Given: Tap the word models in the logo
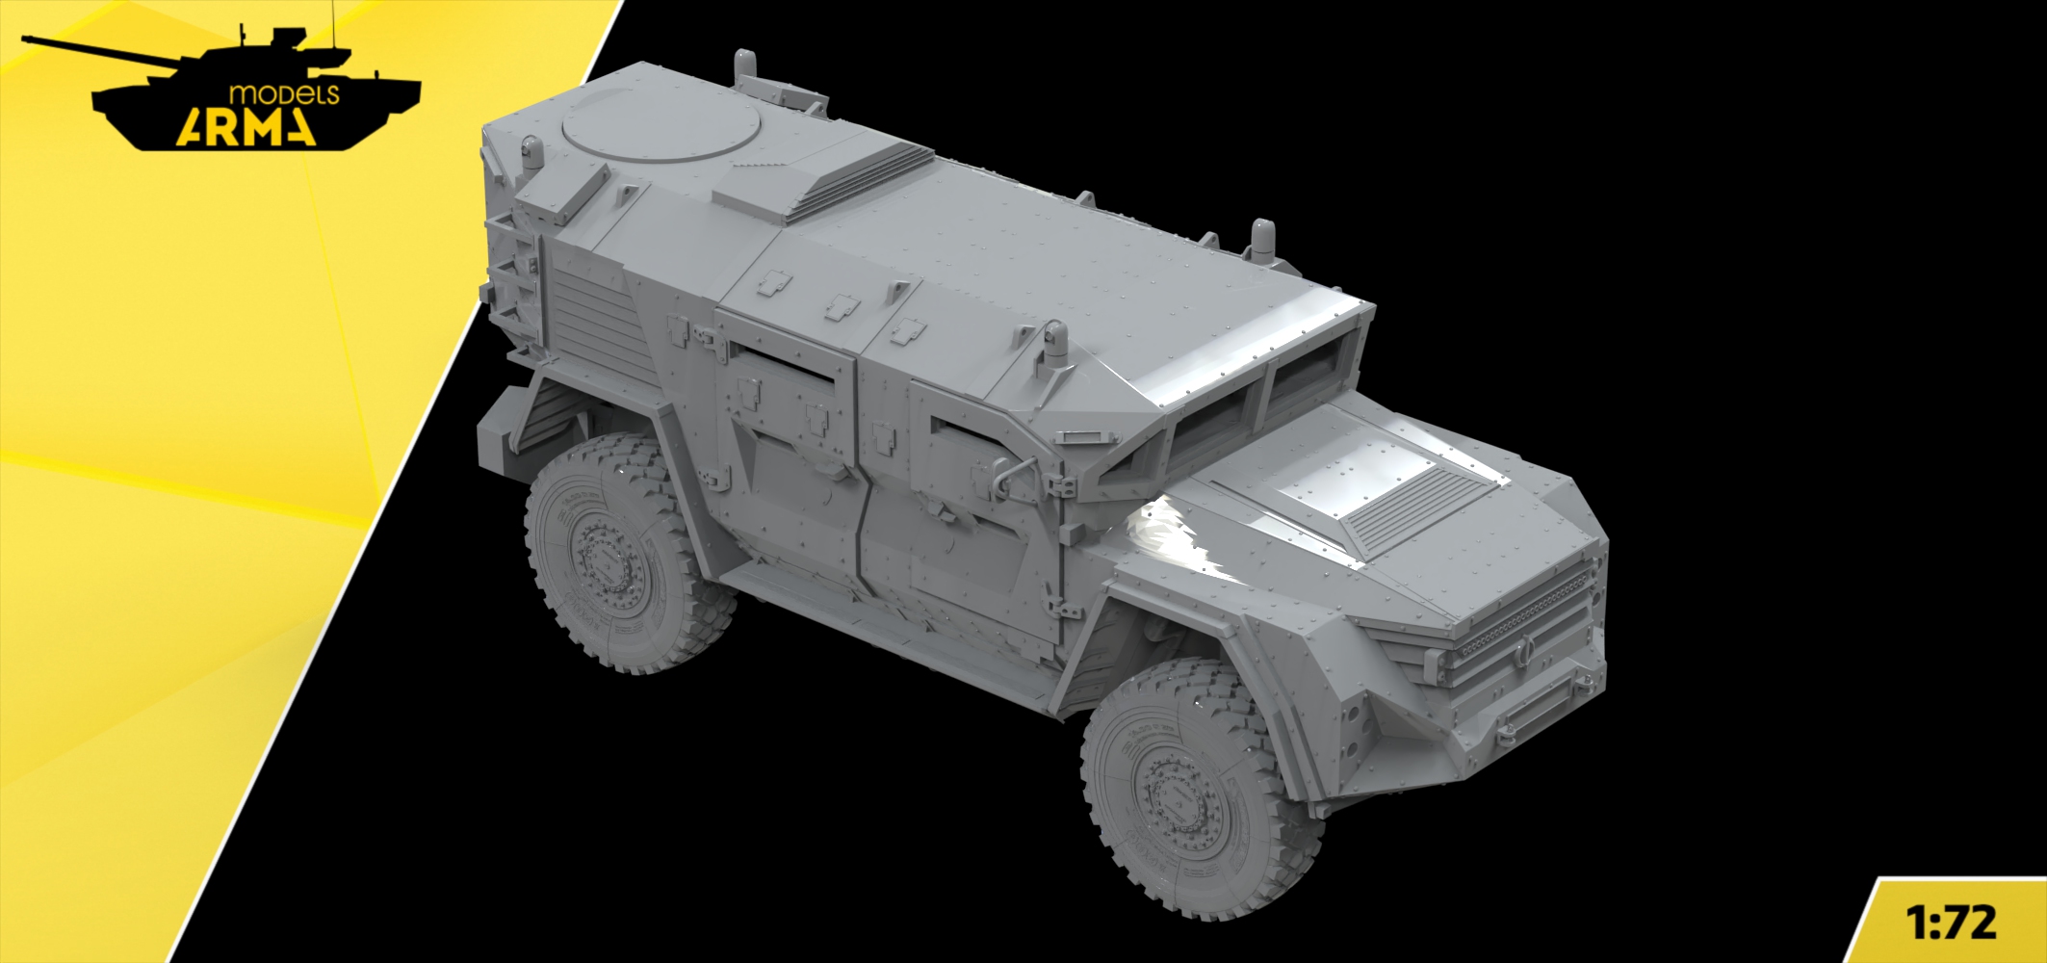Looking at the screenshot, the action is (x=284, y=94).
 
